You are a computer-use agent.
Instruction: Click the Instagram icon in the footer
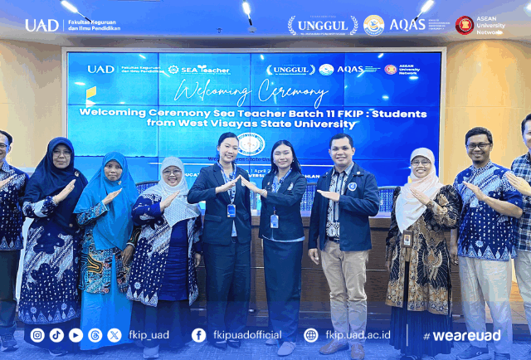click(x=37, y=335)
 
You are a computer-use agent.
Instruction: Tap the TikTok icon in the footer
click(x=56, y=335)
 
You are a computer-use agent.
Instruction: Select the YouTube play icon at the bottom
click(x=76, y=335)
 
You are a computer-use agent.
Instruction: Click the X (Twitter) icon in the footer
click(x=114, y=335)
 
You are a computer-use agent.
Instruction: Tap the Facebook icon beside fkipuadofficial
click(x=199, y=335)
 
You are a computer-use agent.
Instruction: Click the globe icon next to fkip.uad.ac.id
click(x=311, y=335)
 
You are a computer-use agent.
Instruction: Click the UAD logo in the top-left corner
click(x=41, y=25)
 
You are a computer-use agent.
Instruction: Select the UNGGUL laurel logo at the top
click(x=323, y=25)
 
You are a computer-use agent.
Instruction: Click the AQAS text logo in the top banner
click(x=407, y=25)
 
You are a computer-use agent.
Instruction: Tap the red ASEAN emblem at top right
click(x=465, y=25)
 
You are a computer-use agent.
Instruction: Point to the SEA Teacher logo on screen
click(x=199, y=70)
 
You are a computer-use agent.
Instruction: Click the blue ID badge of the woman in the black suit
click(x=231, y=210)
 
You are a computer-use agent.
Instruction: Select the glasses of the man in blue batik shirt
click(x=478, y=146)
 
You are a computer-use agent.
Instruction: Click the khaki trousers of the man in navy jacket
click(x=343, y=282)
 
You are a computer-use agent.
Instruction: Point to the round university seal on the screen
click(x=251, y=144)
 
